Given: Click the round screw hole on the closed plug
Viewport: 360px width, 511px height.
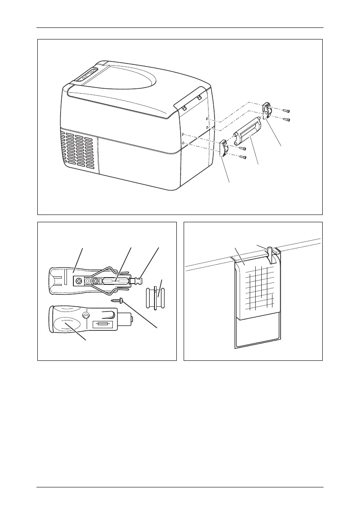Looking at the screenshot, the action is [x=88, y=316].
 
